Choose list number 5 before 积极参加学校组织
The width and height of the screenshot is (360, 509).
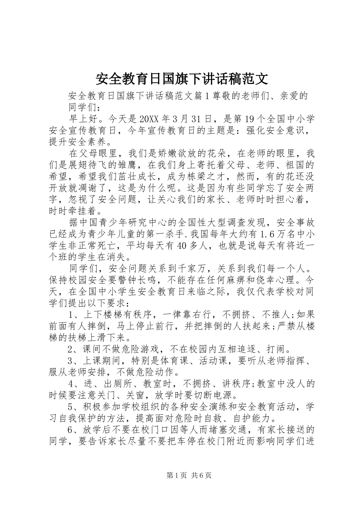pyautogui.click(x=71, y=407)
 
